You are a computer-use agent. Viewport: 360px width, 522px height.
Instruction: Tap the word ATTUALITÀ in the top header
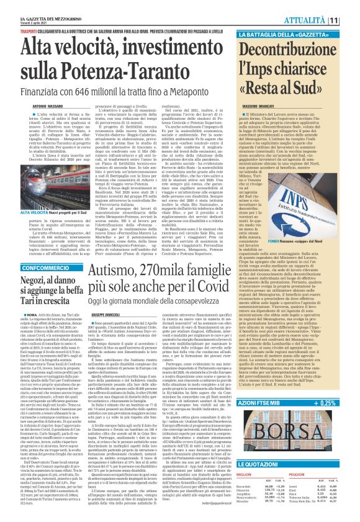tap(323, 20)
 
